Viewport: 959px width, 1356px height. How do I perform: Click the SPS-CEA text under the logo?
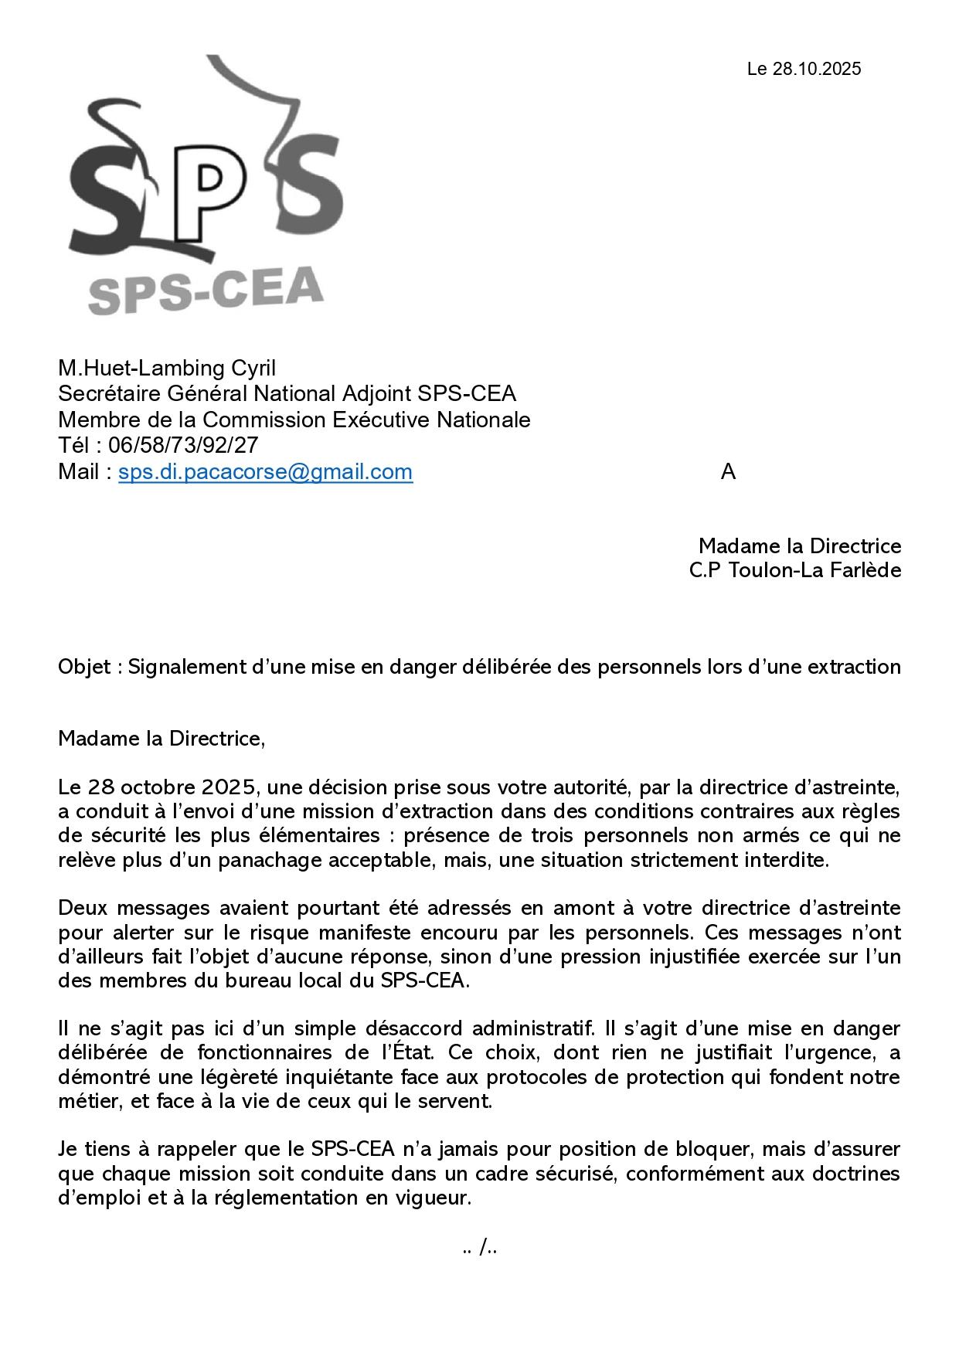pyautogui.click(x=206, y=291)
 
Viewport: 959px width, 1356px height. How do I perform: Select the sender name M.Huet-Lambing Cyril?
pyautogui.click(x=167, y=368)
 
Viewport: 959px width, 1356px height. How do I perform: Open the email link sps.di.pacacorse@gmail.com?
pyautogui.click(x=265, y=471)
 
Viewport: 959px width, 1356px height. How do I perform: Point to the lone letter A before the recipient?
pyautogui.click(x=728, y=471)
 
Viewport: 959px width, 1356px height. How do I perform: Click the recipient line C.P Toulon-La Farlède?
pyautogui.click(x=794, y=570)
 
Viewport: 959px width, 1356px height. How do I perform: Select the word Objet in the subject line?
pyautogui.click(x=84, y=667)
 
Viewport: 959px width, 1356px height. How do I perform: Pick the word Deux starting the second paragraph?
pyautogui.click(x=82, y=908)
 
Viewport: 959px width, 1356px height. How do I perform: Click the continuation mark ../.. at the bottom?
pyautogui.click(x=479, y=1247)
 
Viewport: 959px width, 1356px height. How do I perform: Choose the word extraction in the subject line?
pyautogui.click(x=854, y=667)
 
